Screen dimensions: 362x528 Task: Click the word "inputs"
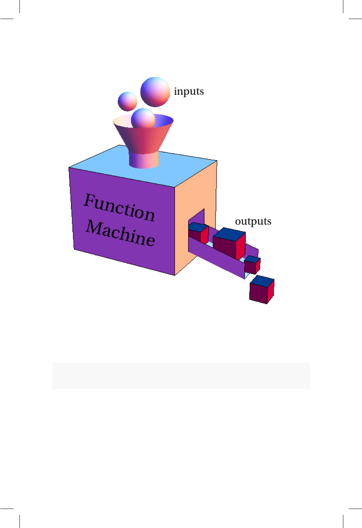(189, 91)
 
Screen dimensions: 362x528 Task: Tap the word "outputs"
(253, 221)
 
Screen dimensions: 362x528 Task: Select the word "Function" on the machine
(119, 207)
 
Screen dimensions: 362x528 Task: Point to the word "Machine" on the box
(120, 233)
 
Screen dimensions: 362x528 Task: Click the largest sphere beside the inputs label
(155, 92)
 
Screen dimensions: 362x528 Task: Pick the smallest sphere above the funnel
(127, 101)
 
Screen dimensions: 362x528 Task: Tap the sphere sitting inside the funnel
(143, 118)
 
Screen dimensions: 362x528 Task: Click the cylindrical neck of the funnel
(144, 160)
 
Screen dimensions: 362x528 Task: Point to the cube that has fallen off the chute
(261, 290)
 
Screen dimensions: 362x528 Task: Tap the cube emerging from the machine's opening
(198, 232)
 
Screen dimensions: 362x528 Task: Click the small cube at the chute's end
(252, 264)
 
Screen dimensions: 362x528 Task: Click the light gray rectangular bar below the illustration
(181, 376)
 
